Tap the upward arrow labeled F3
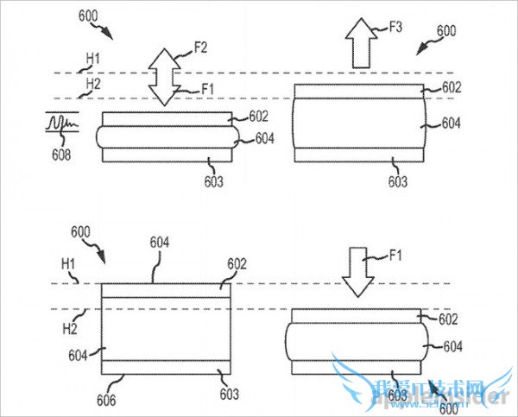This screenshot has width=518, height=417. coord(360,45)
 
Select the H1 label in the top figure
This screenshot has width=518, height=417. coord(92,59)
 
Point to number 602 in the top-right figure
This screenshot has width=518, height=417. coord(452,87)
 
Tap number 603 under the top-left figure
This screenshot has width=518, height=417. coord(213,182)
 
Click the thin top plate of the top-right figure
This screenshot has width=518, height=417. coord(361,90)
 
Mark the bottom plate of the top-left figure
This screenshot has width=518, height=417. coord(167,155)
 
